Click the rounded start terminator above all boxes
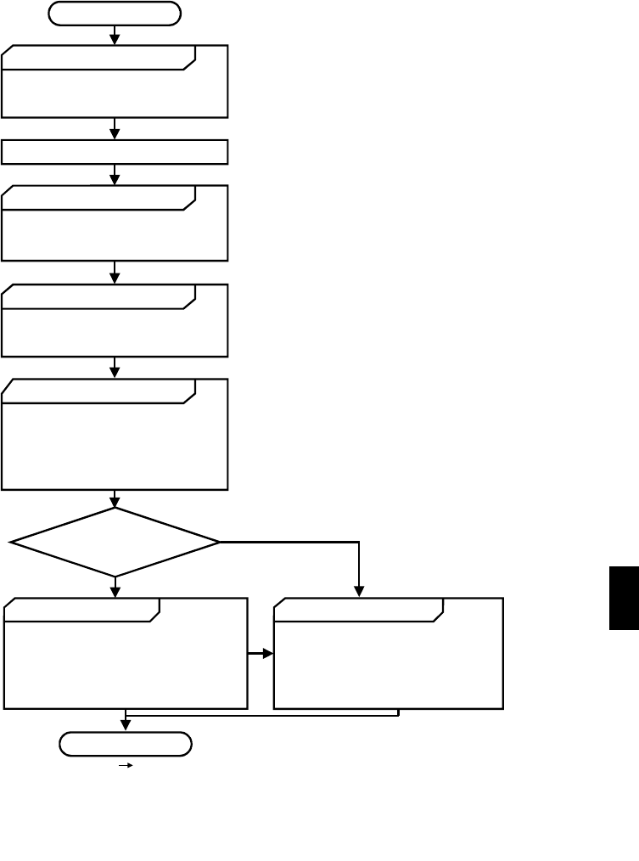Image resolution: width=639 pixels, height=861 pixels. click(115, 13)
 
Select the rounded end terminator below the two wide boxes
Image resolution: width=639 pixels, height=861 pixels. click(126, 744)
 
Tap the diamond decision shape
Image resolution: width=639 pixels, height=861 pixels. click(115, 542)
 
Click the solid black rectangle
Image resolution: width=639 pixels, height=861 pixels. click(624, 599)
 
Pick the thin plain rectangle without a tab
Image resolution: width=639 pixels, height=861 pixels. click(115, 151)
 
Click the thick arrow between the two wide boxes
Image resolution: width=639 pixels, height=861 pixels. click(260, 654)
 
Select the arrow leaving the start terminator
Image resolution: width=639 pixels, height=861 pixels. click(115, 35)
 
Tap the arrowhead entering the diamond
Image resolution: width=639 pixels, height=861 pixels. click(115, 502)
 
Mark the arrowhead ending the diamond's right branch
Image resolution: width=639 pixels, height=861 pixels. click(360, 592)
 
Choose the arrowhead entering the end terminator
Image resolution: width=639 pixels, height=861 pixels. click(126, 725)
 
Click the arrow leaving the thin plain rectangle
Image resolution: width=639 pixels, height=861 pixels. click(115, 175)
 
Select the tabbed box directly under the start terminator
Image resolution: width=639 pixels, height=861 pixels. click(115, 81)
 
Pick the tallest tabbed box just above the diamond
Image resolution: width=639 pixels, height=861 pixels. click(115, 434)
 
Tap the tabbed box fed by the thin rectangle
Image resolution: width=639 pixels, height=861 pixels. click(115, 222)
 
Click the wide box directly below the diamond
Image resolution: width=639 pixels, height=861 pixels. click(126, 653)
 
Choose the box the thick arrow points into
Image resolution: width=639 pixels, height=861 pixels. click(388, 653)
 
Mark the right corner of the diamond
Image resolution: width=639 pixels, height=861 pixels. click(218, 542)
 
